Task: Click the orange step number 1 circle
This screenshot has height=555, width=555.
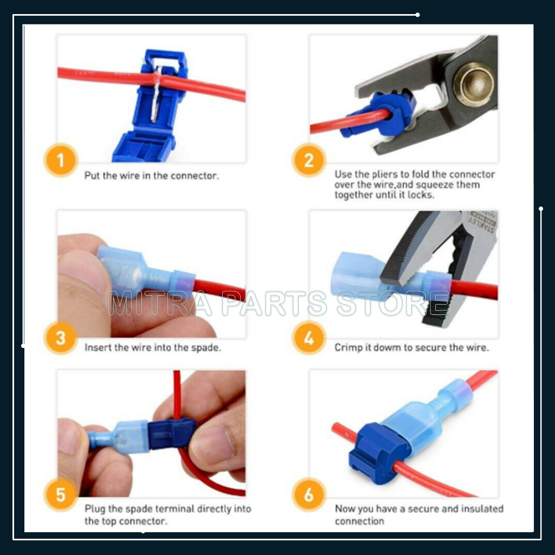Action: coord(61,160)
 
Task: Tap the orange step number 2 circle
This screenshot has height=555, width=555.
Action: coord(308,160)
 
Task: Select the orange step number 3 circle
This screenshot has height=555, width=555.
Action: coord(61,338)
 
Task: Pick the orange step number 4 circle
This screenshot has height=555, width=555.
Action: coord(308,338)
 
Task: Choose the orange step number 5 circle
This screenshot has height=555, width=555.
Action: coord(61,494)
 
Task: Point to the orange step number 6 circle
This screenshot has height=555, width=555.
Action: coord(308,494)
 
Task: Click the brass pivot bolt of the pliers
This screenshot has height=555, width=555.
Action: coord(473,84)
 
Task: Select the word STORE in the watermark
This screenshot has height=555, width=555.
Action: coord(393,303)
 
